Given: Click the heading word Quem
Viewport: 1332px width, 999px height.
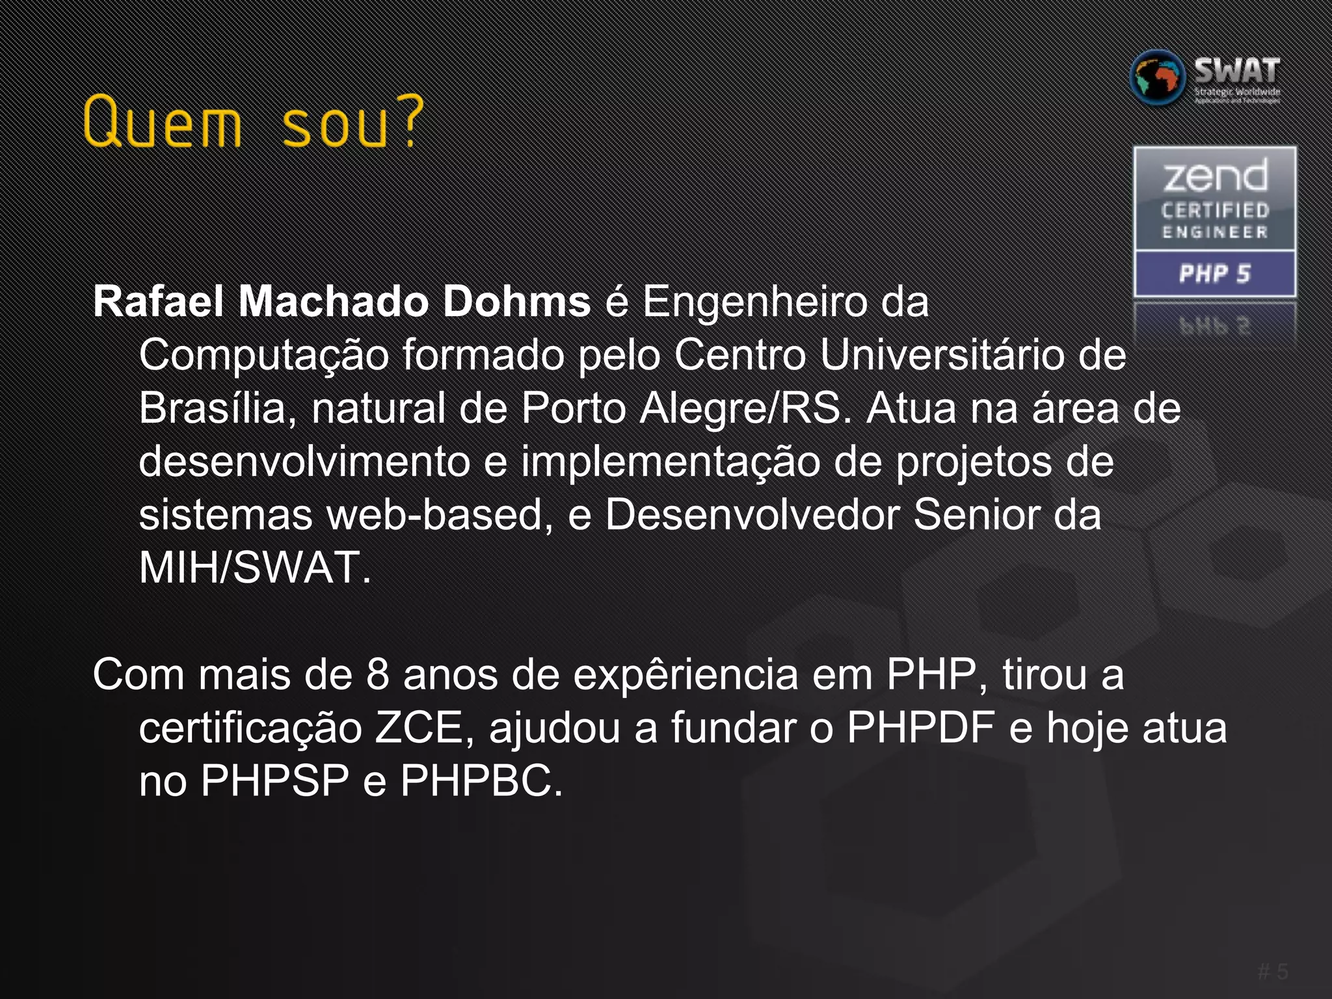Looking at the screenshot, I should (163, 122).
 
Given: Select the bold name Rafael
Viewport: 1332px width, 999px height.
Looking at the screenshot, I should (159, 302).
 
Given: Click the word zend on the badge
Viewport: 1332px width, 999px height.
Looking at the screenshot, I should (1215, 177).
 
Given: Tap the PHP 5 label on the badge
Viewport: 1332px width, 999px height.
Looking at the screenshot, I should (1215, 274).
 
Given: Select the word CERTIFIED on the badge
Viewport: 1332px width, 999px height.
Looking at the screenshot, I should (1215, 211).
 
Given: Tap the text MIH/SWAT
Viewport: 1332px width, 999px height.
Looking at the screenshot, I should (254, 568).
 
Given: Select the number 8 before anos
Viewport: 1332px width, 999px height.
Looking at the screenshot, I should (377, 674).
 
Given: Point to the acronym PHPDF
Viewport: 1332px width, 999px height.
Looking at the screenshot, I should (920, 728).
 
